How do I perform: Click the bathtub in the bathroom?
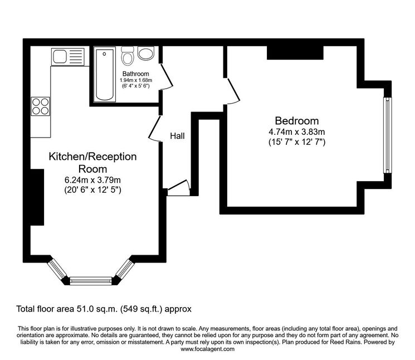click(x=105, y=74)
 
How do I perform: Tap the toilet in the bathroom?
click(x=128, y=56)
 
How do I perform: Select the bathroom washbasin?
click(x=146, y=53)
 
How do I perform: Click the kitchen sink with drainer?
click(x=68, y=57)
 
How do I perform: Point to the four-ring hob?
click(x=41, y=106)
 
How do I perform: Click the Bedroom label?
click(x=297, y=121)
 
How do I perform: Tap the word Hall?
click(x=177, y=136)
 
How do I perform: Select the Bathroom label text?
click(x=135, y=74)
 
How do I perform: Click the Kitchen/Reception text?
click(x=92, y=157)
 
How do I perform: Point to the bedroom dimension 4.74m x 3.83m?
click(x=297, y=132)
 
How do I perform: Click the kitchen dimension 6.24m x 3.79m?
click(x=92, y=180)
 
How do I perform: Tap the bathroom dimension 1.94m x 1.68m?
click(x=136, y=80)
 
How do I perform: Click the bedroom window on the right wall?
click(x=388, y=135)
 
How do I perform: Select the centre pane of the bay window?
click(x=91, y=281)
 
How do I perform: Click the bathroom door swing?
click(x=166, y=76)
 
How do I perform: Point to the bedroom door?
click(x=232, y=91)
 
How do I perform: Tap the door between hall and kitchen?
click(x=154, y=128)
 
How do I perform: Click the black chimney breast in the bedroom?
click(x=295, y=53)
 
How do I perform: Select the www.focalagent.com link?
click(x=207, y=349)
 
